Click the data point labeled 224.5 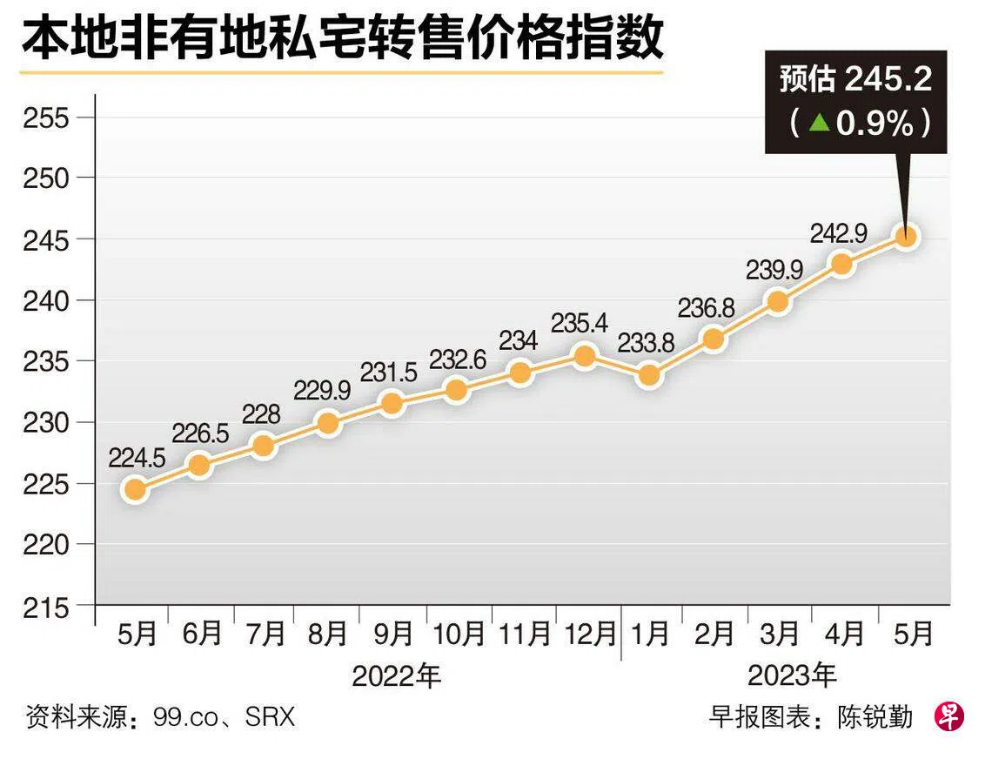(x=135, y=489)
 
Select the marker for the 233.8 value (x=649, y=376)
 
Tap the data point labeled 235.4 (x=585, y=355)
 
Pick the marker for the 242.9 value (x=841, y=264)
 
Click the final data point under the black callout (x=906, y=237)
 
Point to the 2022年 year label (x=397, y=675)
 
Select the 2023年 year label (x=792, y=675)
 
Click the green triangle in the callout (x=818, y=123)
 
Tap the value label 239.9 (x=774, y=271)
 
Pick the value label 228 (x=262, y=415)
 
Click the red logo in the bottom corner (x=949, y=716)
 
